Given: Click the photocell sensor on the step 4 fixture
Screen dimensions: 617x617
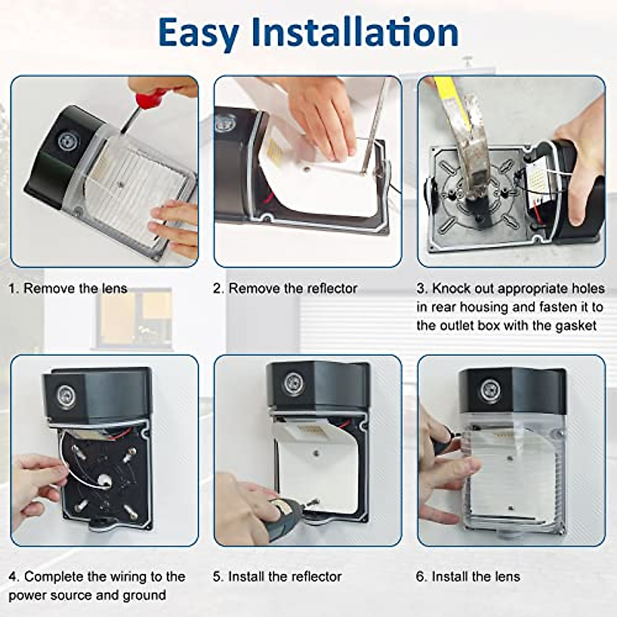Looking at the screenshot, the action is pyautogui.click(x=66, y=397).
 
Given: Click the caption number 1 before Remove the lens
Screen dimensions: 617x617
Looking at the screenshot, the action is pyautogui.click(x=12, y=289).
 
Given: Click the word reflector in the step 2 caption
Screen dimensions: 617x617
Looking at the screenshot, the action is pyautogui.click(x=332, y=288).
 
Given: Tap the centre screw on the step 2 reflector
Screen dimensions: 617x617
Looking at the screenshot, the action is pyautogui.click(x=307, y=168).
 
